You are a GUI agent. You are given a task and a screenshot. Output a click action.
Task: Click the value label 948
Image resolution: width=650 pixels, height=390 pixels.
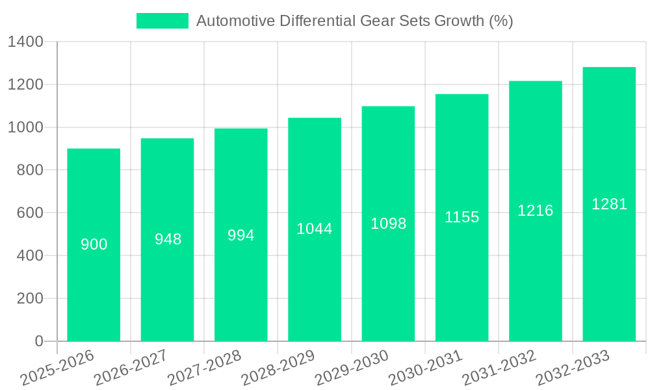point(168,239)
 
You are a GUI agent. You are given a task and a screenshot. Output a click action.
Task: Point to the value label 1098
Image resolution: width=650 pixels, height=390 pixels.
point(388,224)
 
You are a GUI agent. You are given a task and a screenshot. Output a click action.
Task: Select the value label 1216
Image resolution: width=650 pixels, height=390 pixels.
point(535,211)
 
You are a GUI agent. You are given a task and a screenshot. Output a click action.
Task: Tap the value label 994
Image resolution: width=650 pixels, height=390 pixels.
point(240,235)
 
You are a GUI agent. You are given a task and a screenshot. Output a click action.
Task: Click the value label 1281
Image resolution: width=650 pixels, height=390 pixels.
point(609,204)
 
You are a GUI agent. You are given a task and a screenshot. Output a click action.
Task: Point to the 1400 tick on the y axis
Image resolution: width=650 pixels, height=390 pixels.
point(25,42)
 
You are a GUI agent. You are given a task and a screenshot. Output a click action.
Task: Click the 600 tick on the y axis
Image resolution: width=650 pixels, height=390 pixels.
point(30,213)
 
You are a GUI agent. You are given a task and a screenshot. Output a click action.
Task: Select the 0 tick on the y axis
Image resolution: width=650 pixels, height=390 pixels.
point(38,341)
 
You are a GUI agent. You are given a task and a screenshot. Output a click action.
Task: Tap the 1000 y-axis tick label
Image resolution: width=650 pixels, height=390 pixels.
point(25,127)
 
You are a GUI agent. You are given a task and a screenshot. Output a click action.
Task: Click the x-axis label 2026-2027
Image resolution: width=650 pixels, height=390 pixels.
point(130,368)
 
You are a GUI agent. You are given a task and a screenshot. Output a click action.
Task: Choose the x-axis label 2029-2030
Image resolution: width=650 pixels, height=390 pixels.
point(351,368)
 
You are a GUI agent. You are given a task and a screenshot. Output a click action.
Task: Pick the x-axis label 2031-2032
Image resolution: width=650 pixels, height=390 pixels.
point(499,368)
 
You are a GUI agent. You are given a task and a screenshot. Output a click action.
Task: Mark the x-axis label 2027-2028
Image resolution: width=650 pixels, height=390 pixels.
point(204,368)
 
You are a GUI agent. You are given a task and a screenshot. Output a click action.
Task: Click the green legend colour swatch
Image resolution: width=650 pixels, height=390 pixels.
point(162,21)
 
